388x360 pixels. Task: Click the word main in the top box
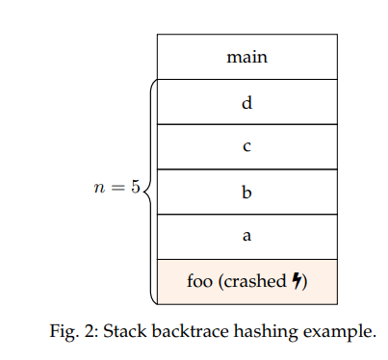click(246, 57)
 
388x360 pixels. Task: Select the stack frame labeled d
click(246, 102)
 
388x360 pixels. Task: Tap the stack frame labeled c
click(246, 147)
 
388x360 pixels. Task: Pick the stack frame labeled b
click(246, 192)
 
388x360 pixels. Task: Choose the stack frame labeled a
click(246, 237)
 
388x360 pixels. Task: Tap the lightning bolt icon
click(297, 282)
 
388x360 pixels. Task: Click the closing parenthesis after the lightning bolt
click(305, 282)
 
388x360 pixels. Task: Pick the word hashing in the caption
click(251, 331)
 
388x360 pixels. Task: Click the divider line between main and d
click(246, 79)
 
